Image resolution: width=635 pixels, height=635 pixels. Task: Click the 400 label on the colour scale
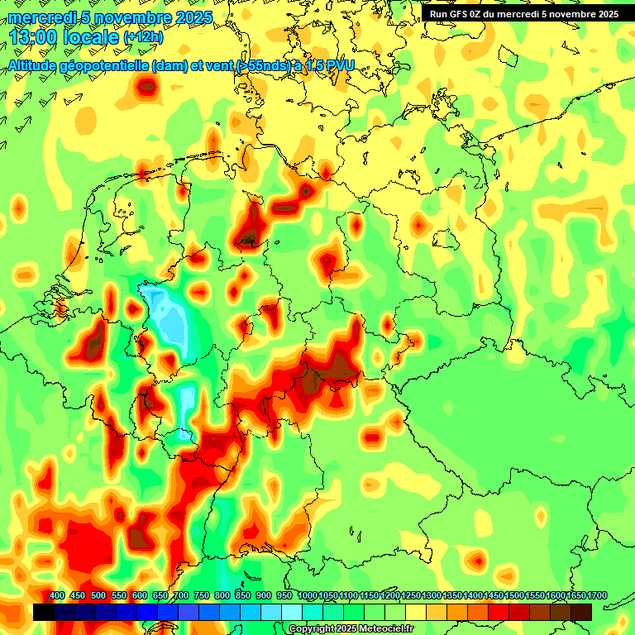click(57, 595)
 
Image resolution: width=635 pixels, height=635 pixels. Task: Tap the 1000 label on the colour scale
click(307, 595)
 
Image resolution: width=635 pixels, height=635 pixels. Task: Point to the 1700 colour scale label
click(596, 595)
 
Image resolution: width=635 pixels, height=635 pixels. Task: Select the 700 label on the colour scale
click(181, 595)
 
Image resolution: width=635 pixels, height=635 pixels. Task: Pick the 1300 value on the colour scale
click(431, 595)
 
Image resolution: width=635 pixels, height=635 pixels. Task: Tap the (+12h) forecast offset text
click(143, 37)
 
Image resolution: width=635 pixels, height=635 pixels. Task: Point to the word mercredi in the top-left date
click(40, 17)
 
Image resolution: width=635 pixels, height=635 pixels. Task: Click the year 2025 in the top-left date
click(194, 17)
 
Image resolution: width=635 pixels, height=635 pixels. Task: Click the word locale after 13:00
click(90, 36)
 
